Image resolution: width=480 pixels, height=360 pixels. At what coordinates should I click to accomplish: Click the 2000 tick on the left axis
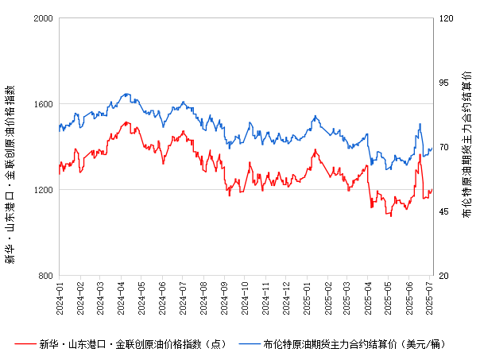click(x=43, y=18)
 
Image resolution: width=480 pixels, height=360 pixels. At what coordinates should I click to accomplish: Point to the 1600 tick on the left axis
click(x=43, y=104)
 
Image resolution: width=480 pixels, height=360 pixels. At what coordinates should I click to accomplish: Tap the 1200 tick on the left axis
click(x=43, y=190)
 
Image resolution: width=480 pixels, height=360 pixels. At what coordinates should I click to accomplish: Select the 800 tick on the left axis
click(x=45, y=276)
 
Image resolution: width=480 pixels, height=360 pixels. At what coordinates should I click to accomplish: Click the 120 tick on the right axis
click(x=445, y=18)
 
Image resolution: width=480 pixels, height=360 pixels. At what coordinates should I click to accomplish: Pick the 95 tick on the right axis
click(x=443, y=83)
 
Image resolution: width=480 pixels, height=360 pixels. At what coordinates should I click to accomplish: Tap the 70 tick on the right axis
click(x=443, y=147)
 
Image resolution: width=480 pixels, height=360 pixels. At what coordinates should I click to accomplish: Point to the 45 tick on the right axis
click(x=443, y=211)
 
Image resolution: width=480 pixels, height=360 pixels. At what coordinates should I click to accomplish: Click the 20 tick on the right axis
click(x=443, y=276)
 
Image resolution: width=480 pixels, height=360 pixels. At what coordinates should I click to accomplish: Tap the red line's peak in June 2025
click(x=420, y=155)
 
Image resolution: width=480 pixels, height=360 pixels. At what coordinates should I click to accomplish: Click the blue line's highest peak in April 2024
click(x=127, y=94)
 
